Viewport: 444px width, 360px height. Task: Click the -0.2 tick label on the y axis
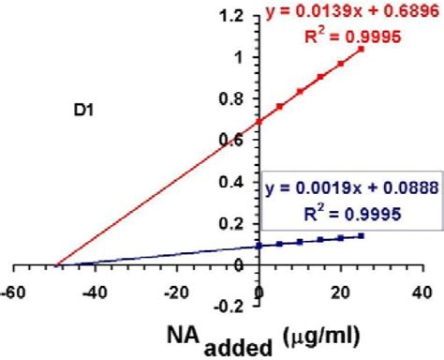pyautogui.click(x=233, y=307)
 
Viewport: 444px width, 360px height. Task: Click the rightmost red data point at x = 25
pyautogui.click(x=362, y=49)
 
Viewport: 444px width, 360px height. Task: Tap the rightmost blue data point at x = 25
pyautogui.click(x=362, y=237)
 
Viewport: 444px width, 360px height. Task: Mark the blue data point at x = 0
pyautogui.click(x=259, y=247)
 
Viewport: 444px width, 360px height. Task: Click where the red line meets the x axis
pyautogui.click(x=57, y=265)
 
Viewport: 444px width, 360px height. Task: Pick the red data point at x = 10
pyautogui.click(x=300, y=92)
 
